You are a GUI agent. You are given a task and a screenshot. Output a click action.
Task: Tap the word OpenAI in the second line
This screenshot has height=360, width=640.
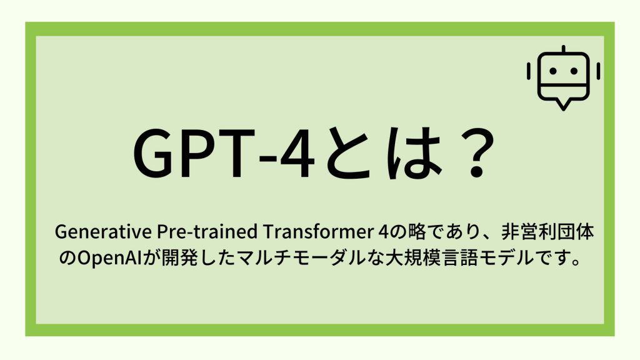tap(107, 257)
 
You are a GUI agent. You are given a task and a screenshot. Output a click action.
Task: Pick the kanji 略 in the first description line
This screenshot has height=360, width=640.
tap(412, 232)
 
